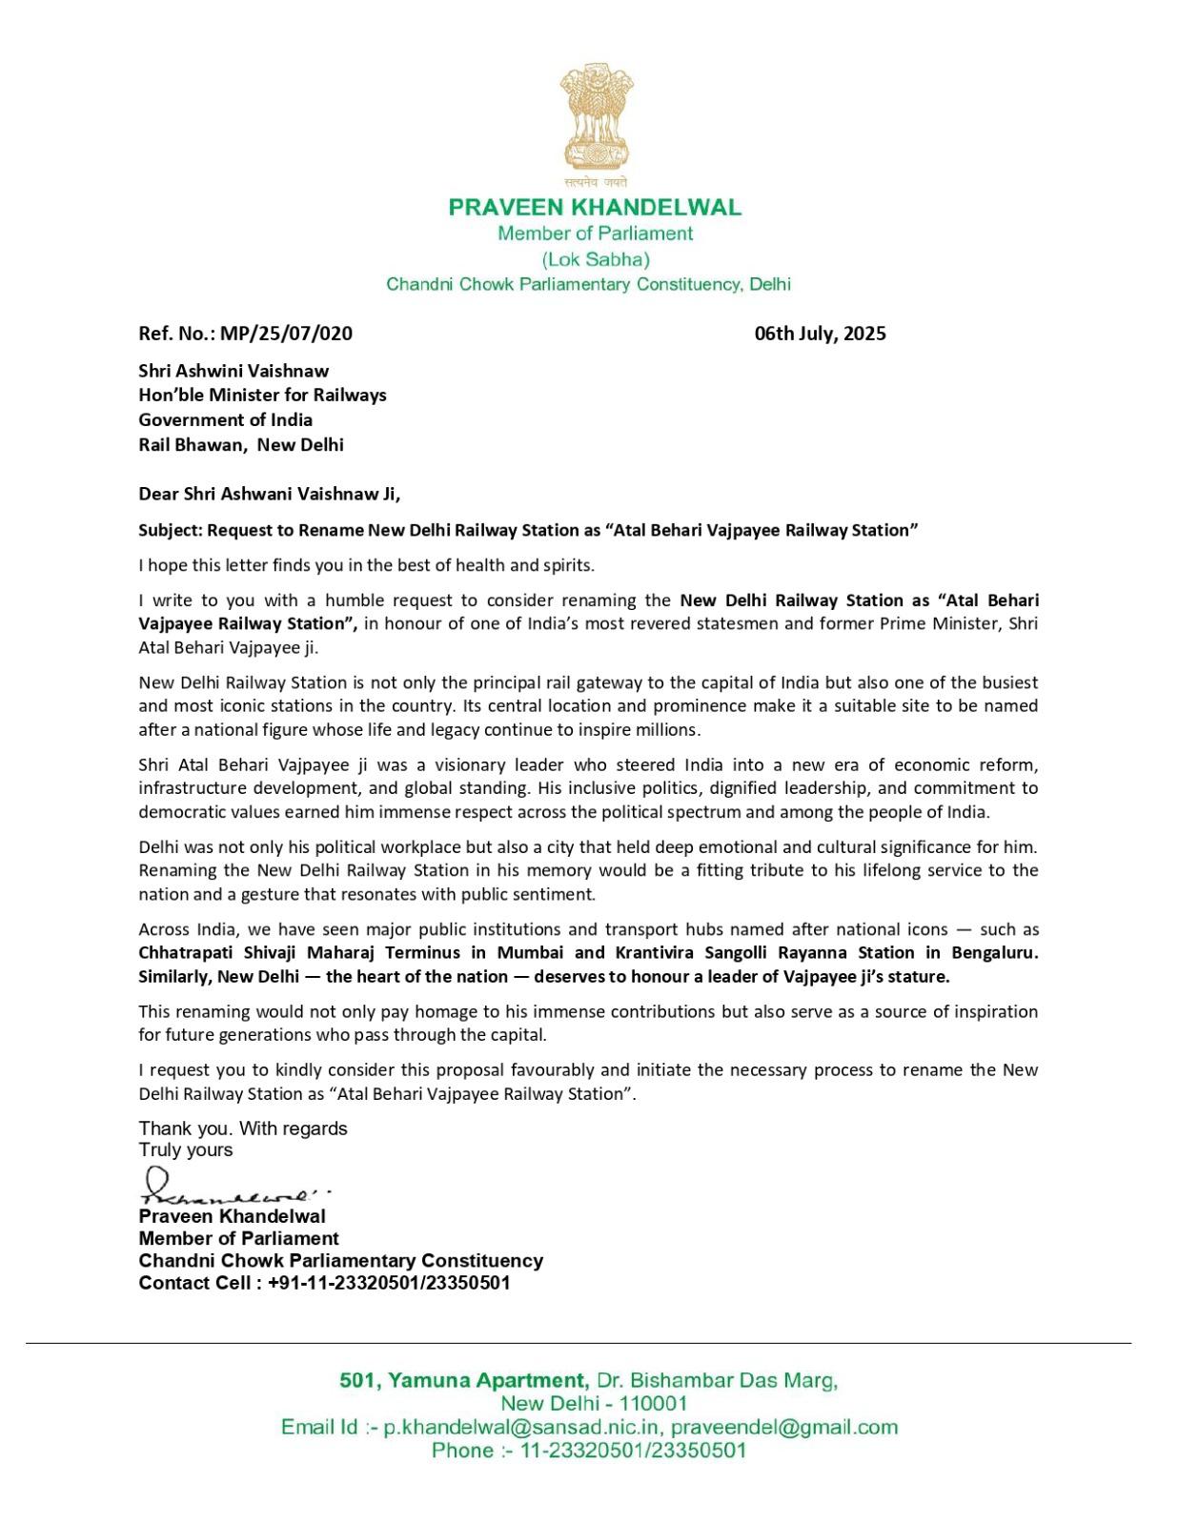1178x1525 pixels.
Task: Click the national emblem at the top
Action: click(595, 119)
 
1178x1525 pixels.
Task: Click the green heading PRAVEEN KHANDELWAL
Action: click(595, 207)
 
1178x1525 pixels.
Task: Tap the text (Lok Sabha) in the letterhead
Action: click(596, 259)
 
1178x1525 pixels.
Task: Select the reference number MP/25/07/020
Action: click(286, 334)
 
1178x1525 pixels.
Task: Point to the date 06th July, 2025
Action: click(820, 334)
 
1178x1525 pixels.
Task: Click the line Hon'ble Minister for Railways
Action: click(262, 395)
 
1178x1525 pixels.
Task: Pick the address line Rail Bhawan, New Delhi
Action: click(241, 444)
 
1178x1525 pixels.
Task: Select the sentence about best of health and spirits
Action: click(366, 565)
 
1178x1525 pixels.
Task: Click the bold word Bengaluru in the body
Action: click(994, 952)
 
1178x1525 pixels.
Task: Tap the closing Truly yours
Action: click(186, 1149)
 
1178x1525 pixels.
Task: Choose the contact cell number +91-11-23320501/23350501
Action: click(389, 1283)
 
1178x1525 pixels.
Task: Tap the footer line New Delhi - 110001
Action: click(594, 1403)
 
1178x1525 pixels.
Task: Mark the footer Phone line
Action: click(588, 1451)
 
